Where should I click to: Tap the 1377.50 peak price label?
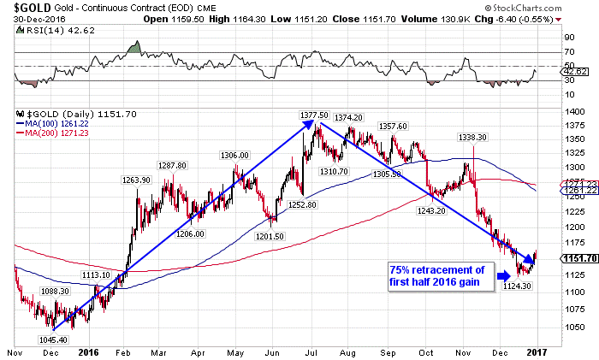click(x=314, y=115)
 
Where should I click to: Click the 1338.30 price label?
click(x=471, y=138)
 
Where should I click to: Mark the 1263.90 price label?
click(x=136, y=180)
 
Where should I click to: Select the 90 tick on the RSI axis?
click(x=566, y=38)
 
